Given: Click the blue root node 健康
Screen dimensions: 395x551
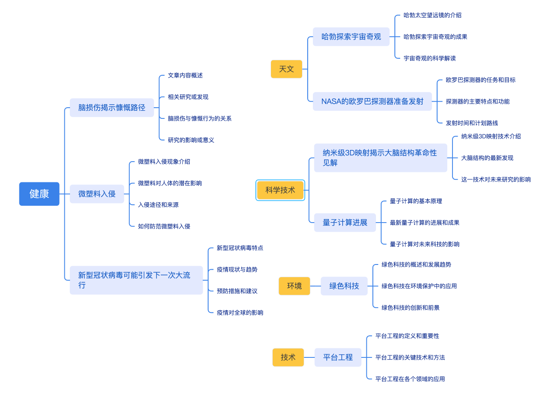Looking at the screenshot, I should (39, 194).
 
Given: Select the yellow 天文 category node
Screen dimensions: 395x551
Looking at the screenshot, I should (287, 69).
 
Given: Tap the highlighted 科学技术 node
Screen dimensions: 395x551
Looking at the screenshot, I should (280, 190).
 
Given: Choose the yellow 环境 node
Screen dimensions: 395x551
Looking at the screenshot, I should (294, 286).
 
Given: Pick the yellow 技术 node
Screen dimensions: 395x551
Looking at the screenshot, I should (288, 357).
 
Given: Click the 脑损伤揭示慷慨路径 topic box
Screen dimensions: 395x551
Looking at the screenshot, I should (112, 108).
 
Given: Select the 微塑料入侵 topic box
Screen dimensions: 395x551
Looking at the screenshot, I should (97, 194).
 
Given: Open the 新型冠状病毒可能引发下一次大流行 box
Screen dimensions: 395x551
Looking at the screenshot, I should (136, 280).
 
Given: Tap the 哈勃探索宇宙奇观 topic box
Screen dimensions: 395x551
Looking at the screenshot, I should (351, 37).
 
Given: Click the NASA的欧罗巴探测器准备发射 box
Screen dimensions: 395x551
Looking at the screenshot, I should (372, 102).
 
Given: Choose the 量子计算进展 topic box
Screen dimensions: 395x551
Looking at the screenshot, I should (345, 223).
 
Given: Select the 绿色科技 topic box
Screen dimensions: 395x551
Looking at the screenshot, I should (344, 286).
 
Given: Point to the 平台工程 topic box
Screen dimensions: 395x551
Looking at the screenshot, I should (338, 357).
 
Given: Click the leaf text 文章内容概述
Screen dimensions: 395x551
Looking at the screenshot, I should (185, 75).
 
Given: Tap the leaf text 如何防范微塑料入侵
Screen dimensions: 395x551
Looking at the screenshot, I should (164, 226).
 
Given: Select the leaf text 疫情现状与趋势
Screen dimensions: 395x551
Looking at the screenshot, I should (237, 269).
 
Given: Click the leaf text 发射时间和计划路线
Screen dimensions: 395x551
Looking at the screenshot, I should (472, 123).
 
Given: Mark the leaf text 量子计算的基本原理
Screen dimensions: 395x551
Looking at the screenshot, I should (416, 201).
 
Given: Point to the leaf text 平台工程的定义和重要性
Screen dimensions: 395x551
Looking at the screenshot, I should (407, 336).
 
